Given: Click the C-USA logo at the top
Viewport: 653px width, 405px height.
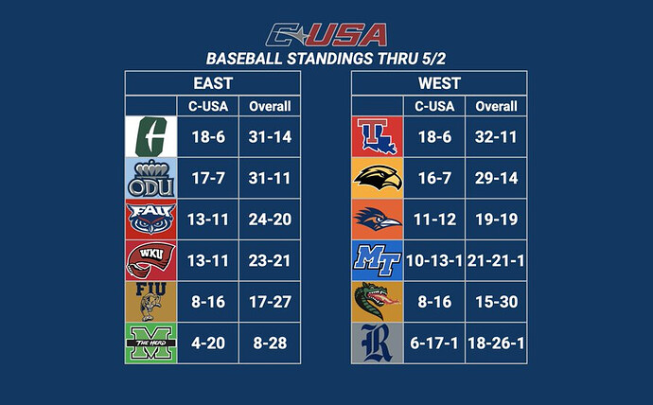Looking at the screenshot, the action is tap(326, 35).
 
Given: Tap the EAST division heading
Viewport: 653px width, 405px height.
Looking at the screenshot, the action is tap(213, 83).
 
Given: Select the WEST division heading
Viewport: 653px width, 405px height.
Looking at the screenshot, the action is tap(439, 83).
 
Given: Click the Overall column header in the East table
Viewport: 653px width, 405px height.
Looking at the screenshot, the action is tap(270, 106).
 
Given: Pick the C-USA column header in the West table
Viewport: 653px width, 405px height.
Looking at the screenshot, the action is tap(434, 106).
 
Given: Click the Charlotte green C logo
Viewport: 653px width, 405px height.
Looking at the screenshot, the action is tap(151, 136).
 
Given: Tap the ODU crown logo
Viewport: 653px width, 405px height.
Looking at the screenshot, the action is tap(151, 178).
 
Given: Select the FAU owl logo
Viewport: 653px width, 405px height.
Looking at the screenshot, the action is tap(151, 220).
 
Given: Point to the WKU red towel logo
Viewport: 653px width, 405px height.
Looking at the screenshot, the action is tap(151, 260).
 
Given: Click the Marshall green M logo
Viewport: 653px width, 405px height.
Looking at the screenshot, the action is tap(151, 343).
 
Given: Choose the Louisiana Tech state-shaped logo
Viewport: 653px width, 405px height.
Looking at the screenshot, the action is tap(378, 136).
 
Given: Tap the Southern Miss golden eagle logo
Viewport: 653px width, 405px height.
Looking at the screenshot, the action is tap(378, 178).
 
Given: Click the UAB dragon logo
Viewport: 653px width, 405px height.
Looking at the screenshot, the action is tap(378, 302).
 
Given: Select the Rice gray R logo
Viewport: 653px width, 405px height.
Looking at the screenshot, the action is tap(378, 343).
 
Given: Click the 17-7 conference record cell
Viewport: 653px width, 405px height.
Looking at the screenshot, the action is tap(208, 178).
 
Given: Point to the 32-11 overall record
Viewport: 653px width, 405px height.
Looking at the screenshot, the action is tap(496, 136).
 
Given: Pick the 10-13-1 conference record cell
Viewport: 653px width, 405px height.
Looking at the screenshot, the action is tap(434, 260).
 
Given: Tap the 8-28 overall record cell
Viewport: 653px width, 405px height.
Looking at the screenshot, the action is tap(270, 343).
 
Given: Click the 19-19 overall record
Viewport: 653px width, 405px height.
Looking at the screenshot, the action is tap(496, 220).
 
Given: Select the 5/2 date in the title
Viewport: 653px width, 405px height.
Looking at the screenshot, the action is tap(433, 59).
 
